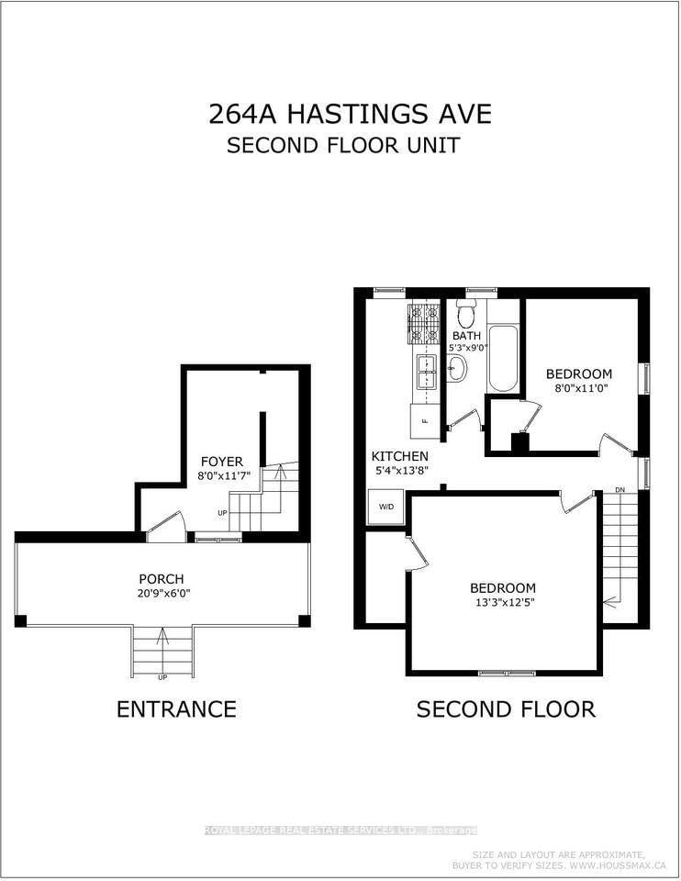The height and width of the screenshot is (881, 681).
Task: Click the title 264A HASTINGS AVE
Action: (349, 114)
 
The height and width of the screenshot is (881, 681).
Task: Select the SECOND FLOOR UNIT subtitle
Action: (343, 145)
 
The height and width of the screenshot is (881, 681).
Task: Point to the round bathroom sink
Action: (457, 369)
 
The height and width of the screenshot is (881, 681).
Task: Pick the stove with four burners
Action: (424, 325)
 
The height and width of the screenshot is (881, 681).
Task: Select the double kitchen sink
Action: (426, 374)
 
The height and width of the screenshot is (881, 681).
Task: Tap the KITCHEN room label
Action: (399, 456)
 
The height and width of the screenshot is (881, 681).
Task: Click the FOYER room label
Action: (222, 462)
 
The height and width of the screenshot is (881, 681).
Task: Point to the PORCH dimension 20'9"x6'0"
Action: (161, 593)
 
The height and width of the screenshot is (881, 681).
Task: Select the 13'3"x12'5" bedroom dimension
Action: (502, 603)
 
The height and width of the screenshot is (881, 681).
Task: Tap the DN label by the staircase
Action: (620, 489)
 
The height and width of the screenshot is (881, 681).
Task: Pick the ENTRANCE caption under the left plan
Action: (176, 709)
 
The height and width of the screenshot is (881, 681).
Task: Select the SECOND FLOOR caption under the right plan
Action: (506, 709)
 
